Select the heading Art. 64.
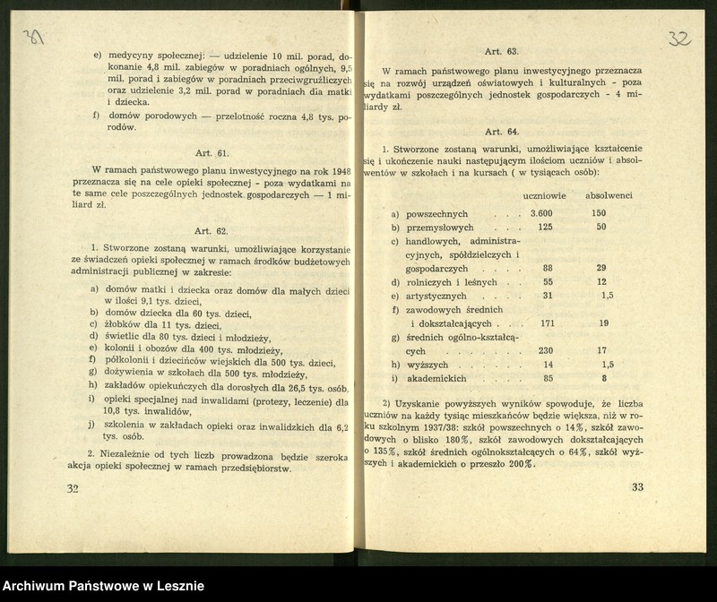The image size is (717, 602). tap(502, 131)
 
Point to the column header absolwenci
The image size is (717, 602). tap(609, 194)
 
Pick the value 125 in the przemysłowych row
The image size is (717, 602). tap(544, 228)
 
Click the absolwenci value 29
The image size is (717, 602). tap(601, 268)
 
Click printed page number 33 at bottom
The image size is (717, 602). tap(637, 488)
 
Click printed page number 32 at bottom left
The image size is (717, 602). tap(73, 489)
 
